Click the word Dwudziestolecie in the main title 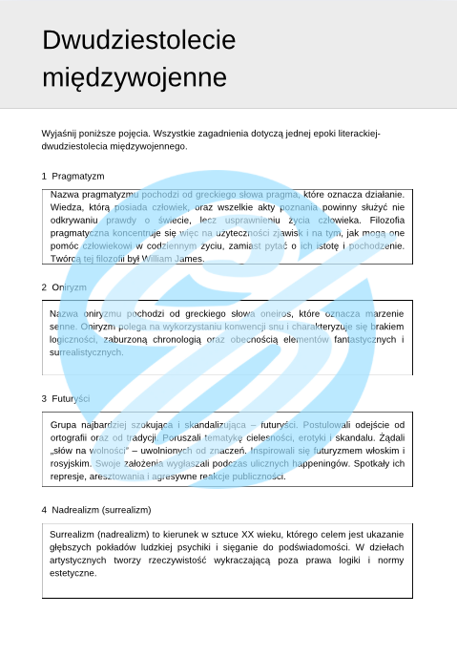point(138,40)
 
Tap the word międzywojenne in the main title point(135,76)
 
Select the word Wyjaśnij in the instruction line point(60,133)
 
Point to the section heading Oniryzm point(69,286)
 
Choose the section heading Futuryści point(71,398)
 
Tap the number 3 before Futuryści point(44,398)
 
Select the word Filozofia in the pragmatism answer point(384,219)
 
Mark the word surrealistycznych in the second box point(87,352)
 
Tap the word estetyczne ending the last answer point(73,573)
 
